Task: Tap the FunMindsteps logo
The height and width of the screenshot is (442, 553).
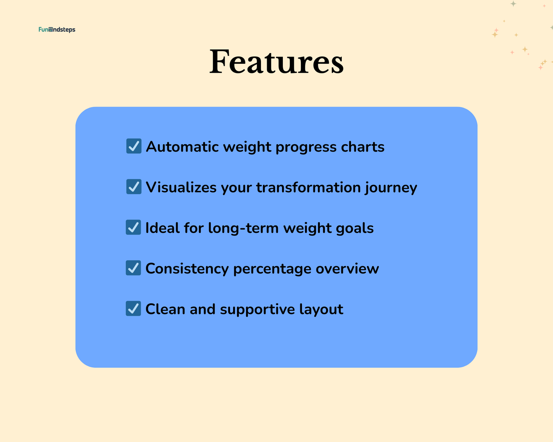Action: click(x=57, y=29)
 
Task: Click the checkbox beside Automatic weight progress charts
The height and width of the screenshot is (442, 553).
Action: click(x=134, y=146)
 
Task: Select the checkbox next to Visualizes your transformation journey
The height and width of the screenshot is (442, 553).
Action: click(x=134, y=187)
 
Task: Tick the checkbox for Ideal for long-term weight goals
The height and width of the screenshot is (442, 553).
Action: click(x=133, y=227)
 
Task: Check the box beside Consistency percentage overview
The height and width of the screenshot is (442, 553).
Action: click(x=133, y=268)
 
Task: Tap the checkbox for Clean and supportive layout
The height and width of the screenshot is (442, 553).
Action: click(x=133, y=309)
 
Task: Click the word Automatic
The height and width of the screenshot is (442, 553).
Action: click(x=182, y=147)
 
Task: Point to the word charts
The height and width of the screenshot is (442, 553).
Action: click(x=362, y=147)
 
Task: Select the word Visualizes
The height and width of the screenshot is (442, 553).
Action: click(x=181, y=187)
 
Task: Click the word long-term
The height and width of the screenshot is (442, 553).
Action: click(x=243, y=228)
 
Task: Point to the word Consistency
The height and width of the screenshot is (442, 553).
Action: click(x=187, y=269)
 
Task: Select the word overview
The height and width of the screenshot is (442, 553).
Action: click(x=347, y=269)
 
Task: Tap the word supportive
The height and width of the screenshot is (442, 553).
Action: click(x=257, y=309)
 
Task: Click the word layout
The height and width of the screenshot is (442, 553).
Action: click(x=321, y=309)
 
